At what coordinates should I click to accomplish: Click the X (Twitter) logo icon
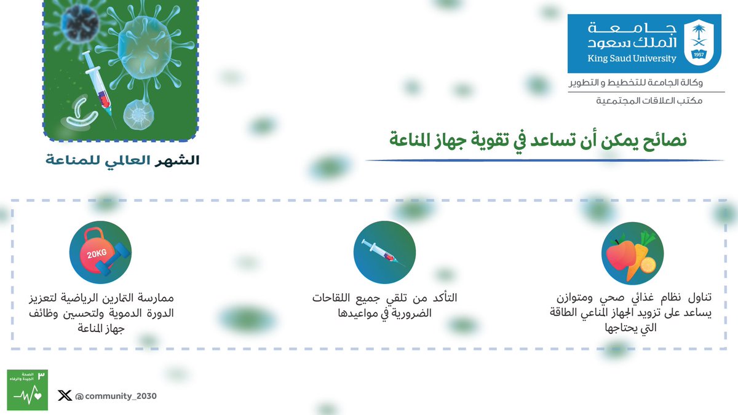[x=64, y=396]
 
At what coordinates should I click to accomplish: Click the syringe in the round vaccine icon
[x=384, y=253]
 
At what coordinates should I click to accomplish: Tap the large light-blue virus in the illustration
[x=145, y=49]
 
